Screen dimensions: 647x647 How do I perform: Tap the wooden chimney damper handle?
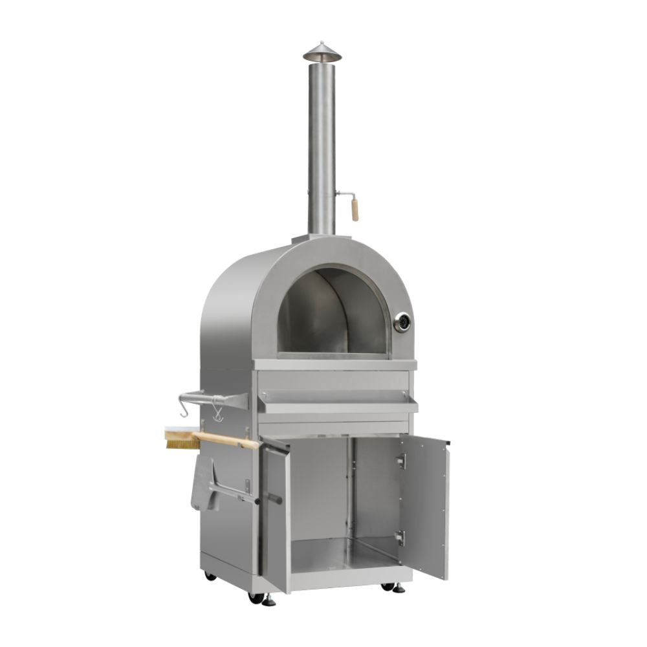tap(355, 209)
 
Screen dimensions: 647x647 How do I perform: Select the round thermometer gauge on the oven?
tap(402, 322)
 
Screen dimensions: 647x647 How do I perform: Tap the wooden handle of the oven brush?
tap(226, 440)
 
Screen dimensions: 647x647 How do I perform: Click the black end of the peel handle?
tap(272, 499)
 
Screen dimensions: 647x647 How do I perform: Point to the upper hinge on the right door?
tap(401, 461)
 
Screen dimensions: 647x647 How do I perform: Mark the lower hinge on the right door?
tap(401, 538)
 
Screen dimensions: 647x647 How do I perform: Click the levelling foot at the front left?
tap(267, 601)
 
